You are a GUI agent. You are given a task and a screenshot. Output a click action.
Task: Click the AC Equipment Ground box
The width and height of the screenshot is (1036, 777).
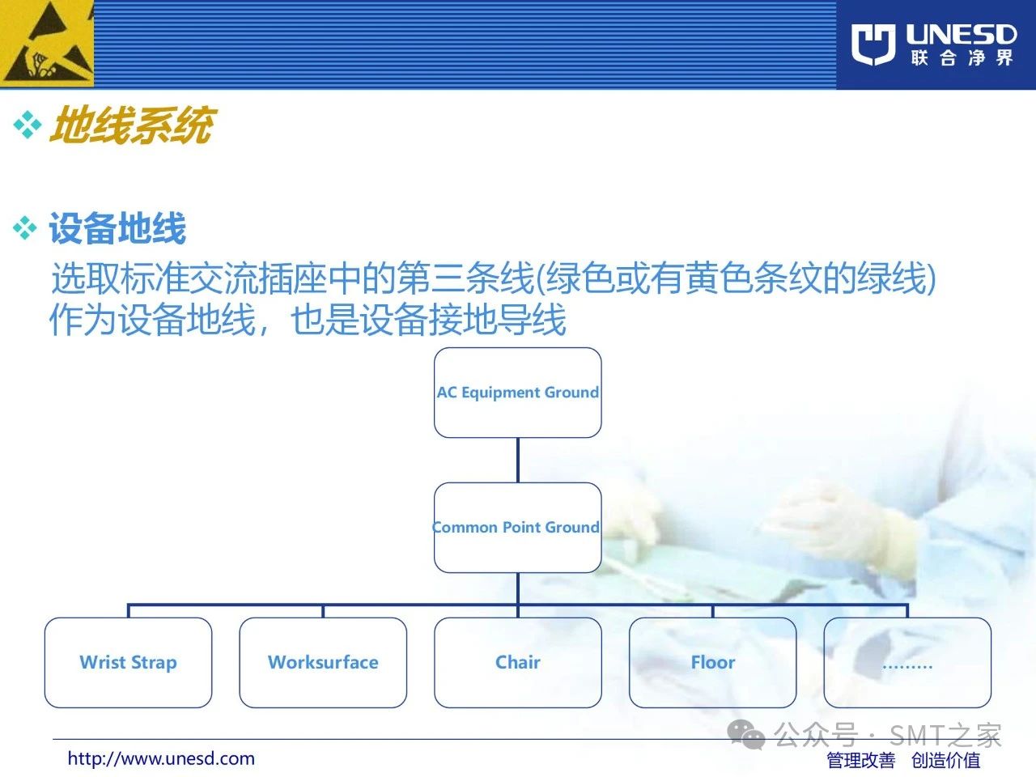pos(518,393)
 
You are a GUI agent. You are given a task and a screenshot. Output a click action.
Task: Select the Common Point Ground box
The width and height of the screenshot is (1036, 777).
pos(518,528)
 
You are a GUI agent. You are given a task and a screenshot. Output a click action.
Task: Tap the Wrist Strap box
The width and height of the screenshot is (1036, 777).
pos(129,662)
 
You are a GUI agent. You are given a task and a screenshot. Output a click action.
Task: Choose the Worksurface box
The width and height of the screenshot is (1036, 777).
pos(323,662)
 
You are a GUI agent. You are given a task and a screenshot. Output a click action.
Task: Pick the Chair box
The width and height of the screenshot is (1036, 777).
pos(518,662)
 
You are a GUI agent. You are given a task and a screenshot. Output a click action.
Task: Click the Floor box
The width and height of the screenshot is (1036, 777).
pos(713,662)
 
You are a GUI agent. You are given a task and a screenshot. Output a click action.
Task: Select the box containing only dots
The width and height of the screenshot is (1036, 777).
pos(907,662)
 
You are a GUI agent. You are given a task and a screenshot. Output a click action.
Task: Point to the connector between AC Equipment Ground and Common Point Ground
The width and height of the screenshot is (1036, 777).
pos(518,460)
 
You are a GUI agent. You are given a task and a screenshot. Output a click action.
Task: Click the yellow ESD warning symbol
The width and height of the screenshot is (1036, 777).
pos(47,44)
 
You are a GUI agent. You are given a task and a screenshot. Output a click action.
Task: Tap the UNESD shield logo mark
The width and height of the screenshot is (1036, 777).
pos(873,44)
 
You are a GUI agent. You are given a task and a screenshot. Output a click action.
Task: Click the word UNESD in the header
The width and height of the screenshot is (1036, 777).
pos(961,35)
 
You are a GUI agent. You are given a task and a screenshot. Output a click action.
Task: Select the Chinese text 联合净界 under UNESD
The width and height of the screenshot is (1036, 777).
pos(962,58)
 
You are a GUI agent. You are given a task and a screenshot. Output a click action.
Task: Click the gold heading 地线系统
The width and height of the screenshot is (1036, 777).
pos(133,125)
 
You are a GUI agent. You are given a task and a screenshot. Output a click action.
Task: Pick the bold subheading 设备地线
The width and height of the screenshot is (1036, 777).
pos(117,228)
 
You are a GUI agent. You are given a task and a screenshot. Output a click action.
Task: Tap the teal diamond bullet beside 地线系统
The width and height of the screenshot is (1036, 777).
pos(28,125)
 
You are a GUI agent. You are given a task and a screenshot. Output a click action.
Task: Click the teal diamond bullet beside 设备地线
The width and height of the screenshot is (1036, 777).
pos(25,228)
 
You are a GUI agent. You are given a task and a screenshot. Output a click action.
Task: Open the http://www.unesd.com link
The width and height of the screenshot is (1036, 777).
pos(161,758)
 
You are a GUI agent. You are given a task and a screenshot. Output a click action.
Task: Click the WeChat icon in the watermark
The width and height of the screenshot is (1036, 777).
pos(745,735)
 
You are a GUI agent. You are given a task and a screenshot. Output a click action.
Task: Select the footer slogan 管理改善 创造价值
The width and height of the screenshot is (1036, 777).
pos(903,760)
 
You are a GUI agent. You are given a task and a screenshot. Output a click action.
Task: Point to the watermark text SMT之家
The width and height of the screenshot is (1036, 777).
pos(945,735)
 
